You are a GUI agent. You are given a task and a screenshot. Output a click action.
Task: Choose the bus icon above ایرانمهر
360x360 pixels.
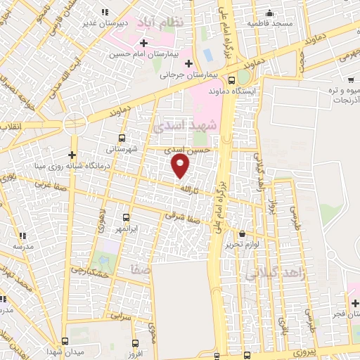click(127, 217)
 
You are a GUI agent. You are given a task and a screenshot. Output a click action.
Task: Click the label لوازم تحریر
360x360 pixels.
click(243, 244)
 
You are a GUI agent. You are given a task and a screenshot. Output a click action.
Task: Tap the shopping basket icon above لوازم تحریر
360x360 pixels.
click(243, 233)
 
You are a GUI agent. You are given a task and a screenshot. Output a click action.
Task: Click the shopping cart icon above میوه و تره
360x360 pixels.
click(343, 79)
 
